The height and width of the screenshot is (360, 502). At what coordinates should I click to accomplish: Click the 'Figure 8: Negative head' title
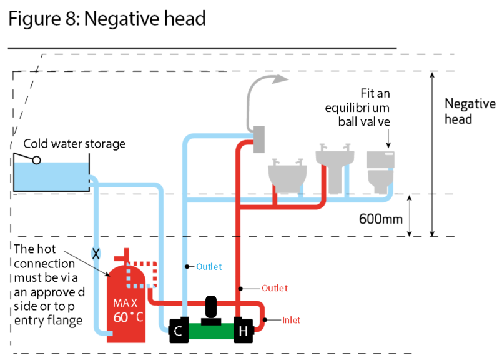coord(107,19)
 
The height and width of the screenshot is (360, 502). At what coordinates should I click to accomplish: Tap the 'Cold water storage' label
coord(74,144)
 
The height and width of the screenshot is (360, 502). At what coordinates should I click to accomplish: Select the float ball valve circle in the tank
coord(37,160)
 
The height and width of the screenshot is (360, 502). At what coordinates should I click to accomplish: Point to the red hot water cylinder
coord(125,306)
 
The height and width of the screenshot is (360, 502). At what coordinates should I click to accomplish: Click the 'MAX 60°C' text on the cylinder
coord(129,310)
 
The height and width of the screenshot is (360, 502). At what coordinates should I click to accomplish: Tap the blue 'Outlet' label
coord(209,267)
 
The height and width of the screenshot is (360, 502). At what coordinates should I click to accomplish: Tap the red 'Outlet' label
coord(274,288)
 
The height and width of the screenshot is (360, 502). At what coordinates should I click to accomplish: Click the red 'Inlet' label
coord(291,321)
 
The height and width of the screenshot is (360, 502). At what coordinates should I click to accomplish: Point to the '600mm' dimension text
coord(380,219)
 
